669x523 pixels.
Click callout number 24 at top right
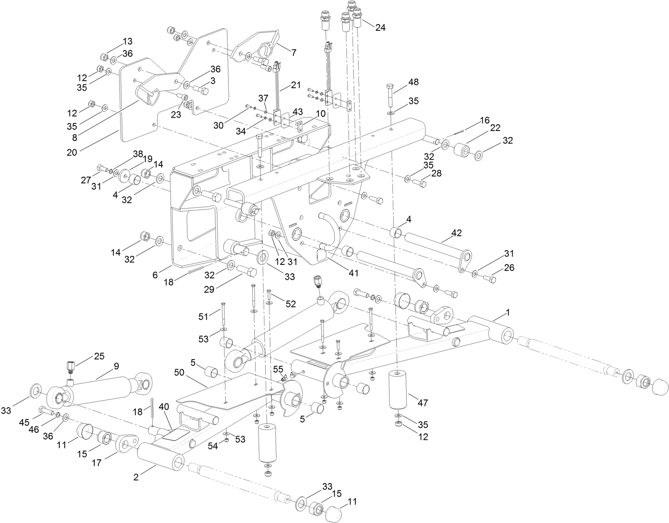(x=380, y=28)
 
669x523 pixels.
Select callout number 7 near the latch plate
(x=294, y=52)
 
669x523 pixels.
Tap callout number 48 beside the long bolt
(x=413, y=82)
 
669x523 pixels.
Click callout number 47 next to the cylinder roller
(x=422, y=402)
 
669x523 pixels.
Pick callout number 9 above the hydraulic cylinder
(x=116, y=366)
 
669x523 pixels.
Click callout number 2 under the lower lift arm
(x=136, y=477)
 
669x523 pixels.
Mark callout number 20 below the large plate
(x=72, y=152)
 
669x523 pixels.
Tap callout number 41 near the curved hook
(x=353, y=273)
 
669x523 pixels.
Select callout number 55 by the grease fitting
(x=278, y=369)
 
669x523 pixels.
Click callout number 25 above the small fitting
(x=99, y=356)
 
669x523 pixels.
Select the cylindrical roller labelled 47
(x=398, y=389)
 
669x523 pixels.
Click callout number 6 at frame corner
(x=155, y=275)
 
